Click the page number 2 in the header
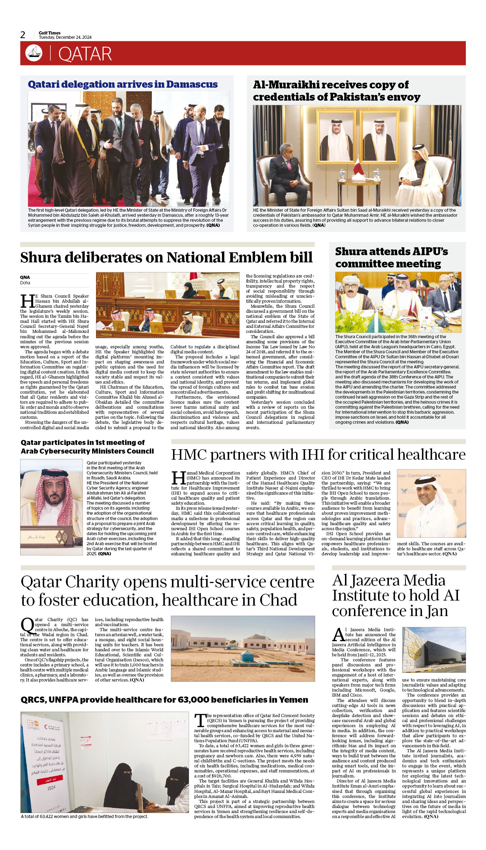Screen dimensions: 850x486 point(23,35)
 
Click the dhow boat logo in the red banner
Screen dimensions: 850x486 point(34,53)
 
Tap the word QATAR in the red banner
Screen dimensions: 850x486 point(85,54)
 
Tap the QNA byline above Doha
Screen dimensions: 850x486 point(25,277)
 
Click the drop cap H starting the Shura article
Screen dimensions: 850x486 point(27,301)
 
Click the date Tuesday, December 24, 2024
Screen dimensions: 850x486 point(65,37)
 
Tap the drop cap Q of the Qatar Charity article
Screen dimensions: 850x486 point(27,626)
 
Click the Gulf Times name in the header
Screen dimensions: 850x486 point(50,33)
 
